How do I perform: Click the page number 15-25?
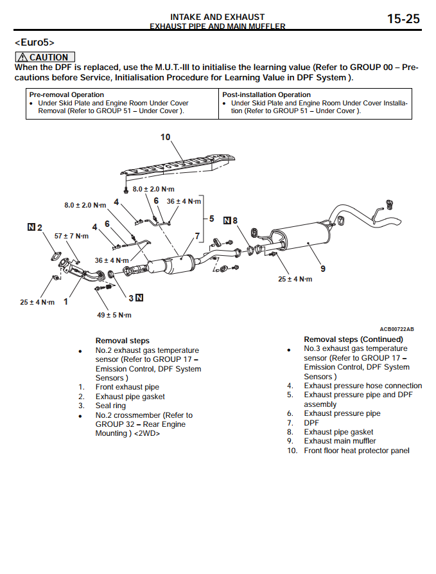[x=403, y=19]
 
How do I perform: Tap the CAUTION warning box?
[x=45, y=57]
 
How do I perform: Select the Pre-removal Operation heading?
[x=67, y=94]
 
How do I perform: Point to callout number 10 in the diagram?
[x=166, y=137]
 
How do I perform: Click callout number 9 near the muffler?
[x=323, y=268]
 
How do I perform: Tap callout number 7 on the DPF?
[x=197, y=237]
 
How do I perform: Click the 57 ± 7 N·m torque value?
[x=71, y=236]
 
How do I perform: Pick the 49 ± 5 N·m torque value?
[x=114, y=315]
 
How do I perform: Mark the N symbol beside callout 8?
[x=227, y=220]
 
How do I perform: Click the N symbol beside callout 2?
[x=31, y=227]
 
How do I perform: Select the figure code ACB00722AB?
[x=396, y=329]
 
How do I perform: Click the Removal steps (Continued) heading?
[x=353, y=339]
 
